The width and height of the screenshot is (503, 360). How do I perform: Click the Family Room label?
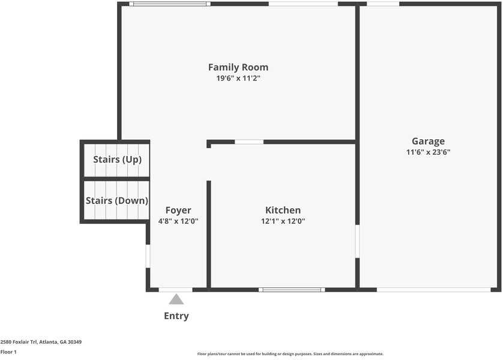238,67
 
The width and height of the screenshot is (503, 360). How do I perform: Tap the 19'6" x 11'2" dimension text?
238,78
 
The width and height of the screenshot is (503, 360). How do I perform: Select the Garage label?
428,142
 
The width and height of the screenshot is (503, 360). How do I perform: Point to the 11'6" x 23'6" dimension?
428,152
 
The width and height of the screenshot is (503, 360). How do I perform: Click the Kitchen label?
283,210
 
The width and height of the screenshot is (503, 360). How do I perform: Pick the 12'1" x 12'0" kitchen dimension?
283,221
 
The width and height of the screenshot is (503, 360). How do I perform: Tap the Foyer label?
178,210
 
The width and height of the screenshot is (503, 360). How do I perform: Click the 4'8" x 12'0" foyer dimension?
178,221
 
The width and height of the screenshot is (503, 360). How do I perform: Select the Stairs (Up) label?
117,160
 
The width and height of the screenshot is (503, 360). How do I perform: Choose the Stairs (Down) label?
117,200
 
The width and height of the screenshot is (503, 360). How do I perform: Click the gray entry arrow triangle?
176,299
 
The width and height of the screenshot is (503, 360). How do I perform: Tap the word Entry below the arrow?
176,316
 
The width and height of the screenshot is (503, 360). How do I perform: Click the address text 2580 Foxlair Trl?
41,342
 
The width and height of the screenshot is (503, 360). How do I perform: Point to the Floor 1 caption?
8,352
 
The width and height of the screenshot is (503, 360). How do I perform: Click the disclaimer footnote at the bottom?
290,354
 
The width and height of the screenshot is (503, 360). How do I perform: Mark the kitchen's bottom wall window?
292,290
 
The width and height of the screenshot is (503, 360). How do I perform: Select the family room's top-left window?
169,4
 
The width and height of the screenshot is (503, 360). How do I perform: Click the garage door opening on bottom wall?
433,290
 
